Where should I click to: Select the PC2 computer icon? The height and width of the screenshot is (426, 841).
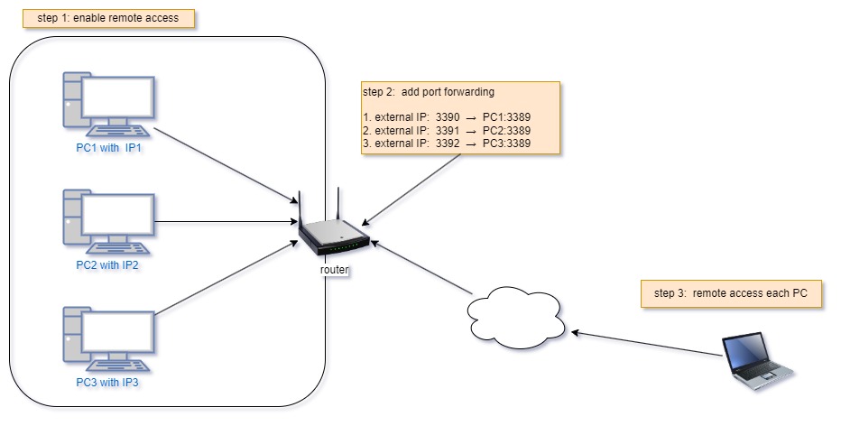pyautogui.click(x=108, y=222)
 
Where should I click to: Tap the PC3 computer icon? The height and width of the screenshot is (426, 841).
pyautogui.click(x=108, y=339)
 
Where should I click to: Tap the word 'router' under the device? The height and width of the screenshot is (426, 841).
pyautogui.click(x=335, y=270)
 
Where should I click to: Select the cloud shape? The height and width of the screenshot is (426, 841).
pyautogui.click(x=515, y=316)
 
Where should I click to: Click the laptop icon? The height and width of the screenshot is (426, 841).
pyautogui.click(x=756, y=361)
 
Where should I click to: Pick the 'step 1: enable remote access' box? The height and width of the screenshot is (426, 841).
pyautogui.click(x=109, y=18)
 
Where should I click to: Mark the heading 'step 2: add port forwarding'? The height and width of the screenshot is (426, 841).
pyautogui.click(x=428, y=92)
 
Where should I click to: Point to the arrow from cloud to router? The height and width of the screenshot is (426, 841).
pyautogui.click(x=422, y=265)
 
